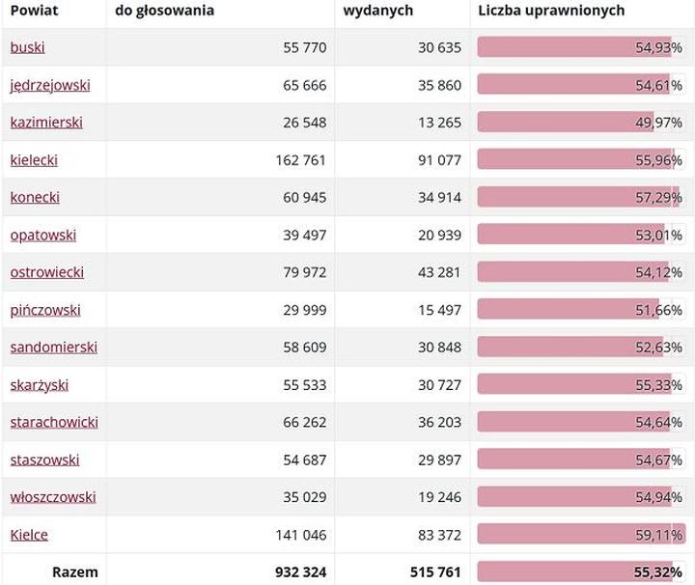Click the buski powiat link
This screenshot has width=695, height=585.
(x=27, y=47)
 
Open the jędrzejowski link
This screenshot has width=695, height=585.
(x=50, y=85)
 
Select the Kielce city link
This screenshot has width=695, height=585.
(x=29, y=535)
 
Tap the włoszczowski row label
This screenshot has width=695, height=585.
(x=53, y=497)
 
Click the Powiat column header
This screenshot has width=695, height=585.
(x=31, y=11)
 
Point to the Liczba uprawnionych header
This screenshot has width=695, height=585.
(x=551, y=11)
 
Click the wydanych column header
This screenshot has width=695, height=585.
(x=378, y=11)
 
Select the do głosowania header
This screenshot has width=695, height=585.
(x=164, y=11)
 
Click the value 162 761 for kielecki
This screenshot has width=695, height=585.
(x=300, y=160)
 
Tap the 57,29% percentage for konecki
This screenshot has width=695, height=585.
(x=658, y=198)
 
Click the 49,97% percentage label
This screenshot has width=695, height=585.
(x=658, y=123)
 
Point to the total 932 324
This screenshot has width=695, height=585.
(x=300, y=572)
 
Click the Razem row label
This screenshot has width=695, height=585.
(x=74, y=572)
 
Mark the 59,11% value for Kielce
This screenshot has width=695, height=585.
(x=658, y=535)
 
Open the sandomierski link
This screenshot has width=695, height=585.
(x=54, y=348)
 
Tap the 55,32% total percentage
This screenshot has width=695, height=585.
(x=658, y=572)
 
